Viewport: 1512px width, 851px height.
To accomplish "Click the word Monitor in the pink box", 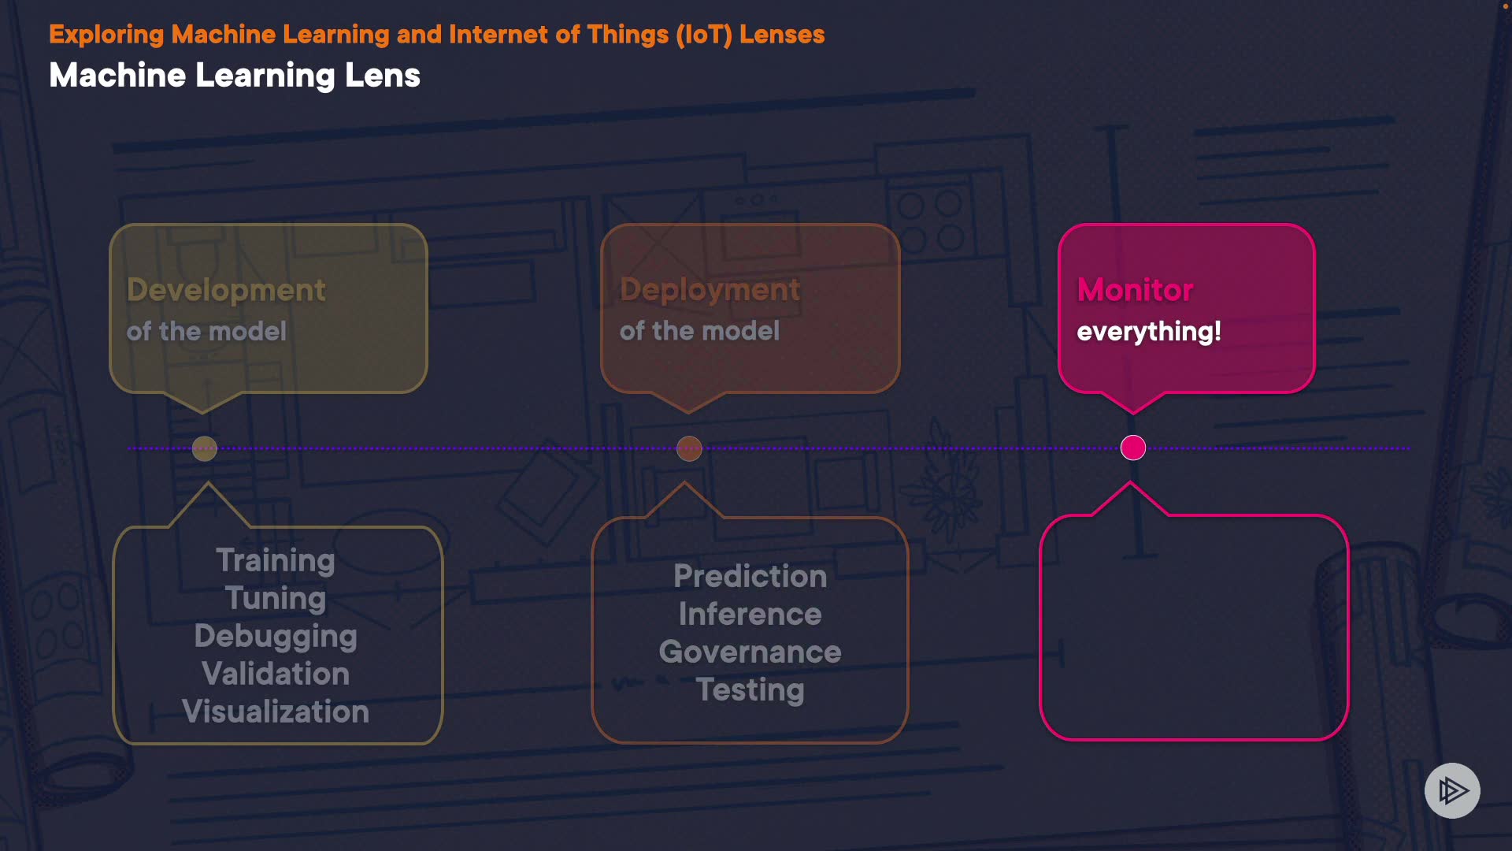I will pyautogui.click(x=1135, y=290).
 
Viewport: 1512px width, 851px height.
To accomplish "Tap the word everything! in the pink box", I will pyautogui.click(x=1148, y=331).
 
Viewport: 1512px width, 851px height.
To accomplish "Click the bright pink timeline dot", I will pyautogui.click(x=1133, y=448).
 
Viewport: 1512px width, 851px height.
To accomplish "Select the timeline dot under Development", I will pyautogui.click(x=205, y=448).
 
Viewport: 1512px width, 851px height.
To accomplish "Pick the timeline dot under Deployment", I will pyautogui.click(x=689, y=448).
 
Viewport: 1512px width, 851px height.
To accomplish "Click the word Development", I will pyautogui.click(x=226, y=290).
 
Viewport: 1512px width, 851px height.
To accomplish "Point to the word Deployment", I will pyautogui.click(x=710, y=290).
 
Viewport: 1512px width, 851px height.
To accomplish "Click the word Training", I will pyautogui.click(x=276, y=560).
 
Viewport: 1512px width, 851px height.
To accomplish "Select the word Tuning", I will pyautogui.click(x=276, y=598).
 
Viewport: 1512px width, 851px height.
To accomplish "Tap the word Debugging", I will pyautogui.click(x=276, y=636).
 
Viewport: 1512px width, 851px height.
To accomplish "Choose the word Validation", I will pyautogui.click(x=276, y=674).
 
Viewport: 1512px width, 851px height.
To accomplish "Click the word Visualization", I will pyautogui.click(x=276, y=712).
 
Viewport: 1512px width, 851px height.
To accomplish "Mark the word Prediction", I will pyautogui.click(x=750, y=576).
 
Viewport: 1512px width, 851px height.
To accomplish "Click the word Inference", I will pyautogui.click(x=750, y=614).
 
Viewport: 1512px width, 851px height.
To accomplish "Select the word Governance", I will pyautogui.click(x=750, y=652).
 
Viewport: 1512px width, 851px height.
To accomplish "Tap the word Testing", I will pyautogui.click(x=750, y=689).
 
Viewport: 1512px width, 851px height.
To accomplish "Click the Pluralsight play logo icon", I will pyautogui.click(x=1452, y=790).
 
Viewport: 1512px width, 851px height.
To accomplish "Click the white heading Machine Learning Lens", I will pyautogui.click(x=235, y=76).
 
